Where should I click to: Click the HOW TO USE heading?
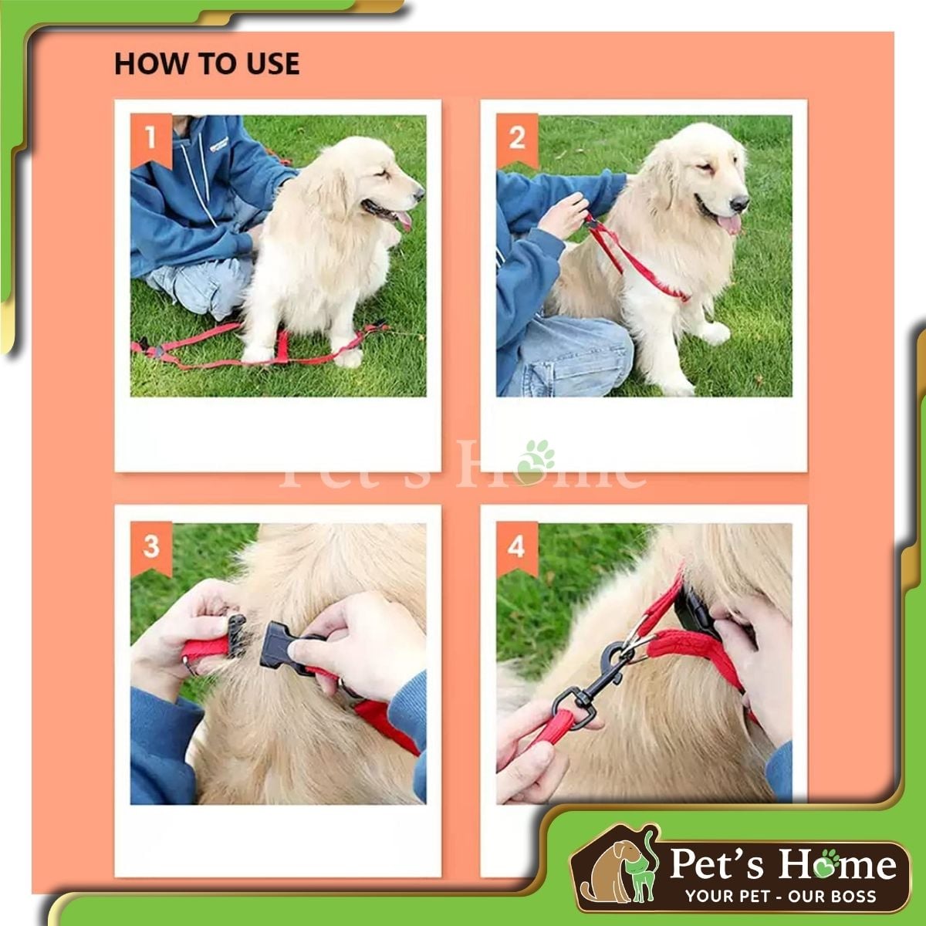click(207, 63)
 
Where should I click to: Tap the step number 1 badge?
click(151, 140)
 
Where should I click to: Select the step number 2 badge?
click(517, 140)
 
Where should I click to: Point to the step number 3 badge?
click(151, 548)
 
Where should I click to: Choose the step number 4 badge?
click(517, 548)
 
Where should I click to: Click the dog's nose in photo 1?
click(419, 194)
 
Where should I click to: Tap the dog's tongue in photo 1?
click(403, 220)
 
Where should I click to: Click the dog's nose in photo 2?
click(739, 203)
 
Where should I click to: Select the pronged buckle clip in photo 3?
click(236, 635)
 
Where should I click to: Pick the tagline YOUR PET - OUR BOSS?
click(781, 897)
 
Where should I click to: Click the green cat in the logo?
click(641, 869)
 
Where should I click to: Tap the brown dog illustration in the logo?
click(607, 870)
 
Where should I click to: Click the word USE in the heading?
click(273, 63)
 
